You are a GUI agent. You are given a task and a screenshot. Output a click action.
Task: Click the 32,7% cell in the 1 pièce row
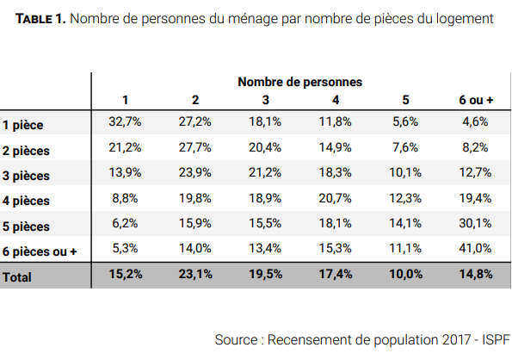click(x=125, y=121)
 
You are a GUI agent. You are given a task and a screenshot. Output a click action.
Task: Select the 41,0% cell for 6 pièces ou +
click(x=475, y=248)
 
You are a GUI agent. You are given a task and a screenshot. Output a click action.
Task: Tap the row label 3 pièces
click(x=26, y=176)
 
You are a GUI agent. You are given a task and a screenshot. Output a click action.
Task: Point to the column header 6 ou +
click(x=476, y=100)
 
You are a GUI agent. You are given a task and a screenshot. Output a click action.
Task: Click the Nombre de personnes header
click(x=299, y=82)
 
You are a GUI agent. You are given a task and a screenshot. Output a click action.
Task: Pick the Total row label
click(x=17, y=277)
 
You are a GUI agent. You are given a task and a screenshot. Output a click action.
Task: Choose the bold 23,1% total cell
click(x=195, y=274)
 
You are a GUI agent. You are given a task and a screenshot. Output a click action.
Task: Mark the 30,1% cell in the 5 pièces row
click(x=475, y=223)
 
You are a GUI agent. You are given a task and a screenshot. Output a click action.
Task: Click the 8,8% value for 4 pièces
click(x=125, y=198)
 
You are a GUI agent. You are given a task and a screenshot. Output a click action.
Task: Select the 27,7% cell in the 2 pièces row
click(x=195, y=147)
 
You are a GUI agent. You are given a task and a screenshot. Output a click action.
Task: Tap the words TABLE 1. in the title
click(x=40, y=19)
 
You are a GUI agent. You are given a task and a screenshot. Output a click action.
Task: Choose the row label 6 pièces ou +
click(x=40, y=251)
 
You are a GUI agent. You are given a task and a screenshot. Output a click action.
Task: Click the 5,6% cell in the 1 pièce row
click(x=405, y=121)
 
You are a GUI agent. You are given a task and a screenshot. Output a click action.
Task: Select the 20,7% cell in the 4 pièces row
click(x=335, y=198)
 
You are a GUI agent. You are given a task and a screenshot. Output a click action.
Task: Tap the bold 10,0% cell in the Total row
click(x=406, y=274)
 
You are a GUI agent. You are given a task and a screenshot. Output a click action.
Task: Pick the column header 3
click(x=266, y=100)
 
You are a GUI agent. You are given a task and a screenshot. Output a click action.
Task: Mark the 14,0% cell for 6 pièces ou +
click(x=195, y=248)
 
